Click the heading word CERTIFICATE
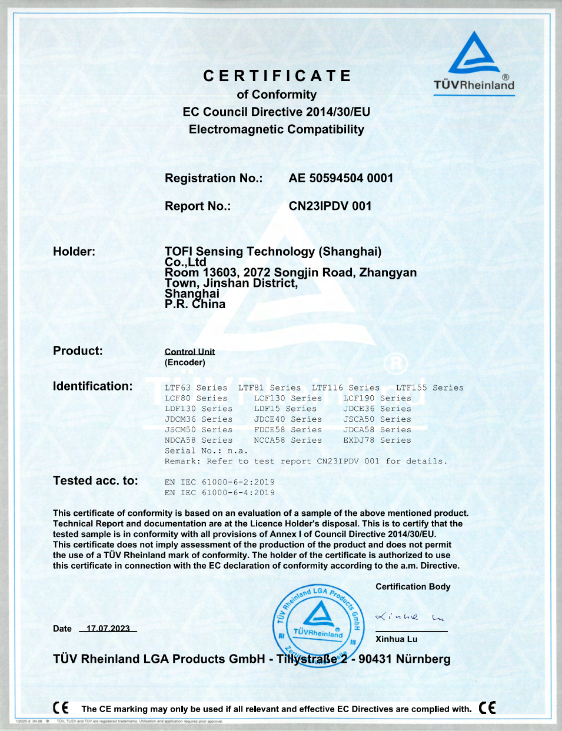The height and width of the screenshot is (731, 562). pos(277,76)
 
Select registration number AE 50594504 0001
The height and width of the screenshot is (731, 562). pos(341,178)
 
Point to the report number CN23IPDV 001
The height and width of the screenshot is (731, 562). pos(330,206)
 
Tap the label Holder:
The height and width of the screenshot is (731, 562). pos(74,252)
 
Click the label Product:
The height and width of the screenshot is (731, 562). pos(78,351)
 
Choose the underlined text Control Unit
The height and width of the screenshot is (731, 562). pos(189,352)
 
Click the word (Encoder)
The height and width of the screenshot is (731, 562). pos(185,362)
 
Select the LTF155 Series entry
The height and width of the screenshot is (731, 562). pos(430,388)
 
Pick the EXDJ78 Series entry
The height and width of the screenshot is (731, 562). pos(377,440)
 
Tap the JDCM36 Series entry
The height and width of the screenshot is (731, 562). pos(198,419)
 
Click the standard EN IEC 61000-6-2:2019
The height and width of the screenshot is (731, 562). pos(220,482)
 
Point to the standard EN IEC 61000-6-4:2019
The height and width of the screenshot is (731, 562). pos(220,493)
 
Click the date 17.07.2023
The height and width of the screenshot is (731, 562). pos(108,629)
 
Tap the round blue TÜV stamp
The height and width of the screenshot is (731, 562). pos(318,624)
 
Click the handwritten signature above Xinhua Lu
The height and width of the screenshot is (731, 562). pos(410,617)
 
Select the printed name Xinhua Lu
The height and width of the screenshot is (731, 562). pos(397,639)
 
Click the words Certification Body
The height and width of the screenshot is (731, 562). pos(413,586)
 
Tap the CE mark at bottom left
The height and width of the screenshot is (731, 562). pos(61,708)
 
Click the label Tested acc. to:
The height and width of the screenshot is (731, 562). pos(95,480)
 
